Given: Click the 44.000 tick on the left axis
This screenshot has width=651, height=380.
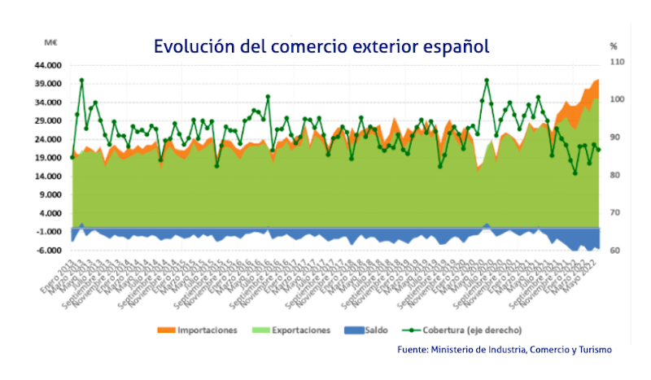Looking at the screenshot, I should click(x=50, y=65).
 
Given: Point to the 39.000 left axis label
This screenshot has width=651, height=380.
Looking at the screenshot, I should click(x=50, y=84).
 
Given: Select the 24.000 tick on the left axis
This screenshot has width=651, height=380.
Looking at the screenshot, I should click(x=50, y=139).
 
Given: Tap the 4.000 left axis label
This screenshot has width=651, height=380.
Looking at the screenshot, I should click(x=52, y=213).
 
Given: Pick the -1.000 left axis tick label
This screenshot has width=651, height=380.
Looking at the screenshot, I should click(x=50, y=232).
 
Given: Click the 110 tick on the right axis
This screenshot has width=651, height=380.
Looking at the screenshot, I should click(x=617, y=62).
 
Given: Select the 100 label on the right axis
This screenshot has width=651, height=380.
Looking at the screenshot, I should click(x=617, y=99).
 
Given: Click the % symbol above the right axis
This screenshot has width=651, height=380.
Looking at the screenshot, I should click(x=614, y=46).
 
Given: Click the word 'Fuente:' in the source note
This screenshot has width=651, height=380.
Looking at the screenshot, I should click(x=413, y=349).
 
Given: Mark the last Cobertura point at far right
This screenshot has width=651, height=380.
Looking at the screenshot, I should click(x=598, y=149).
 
